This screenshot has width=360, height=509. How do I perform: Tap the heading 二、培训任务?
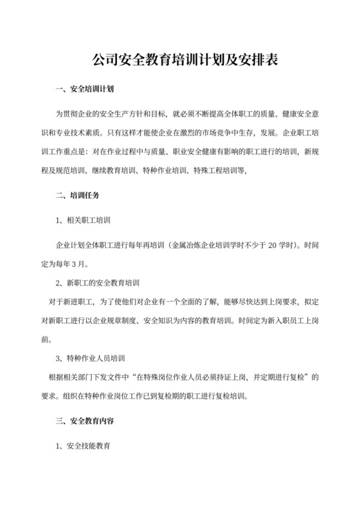point(76,193)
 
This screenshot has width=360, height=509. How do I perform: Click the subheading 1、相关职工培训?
point(84,220)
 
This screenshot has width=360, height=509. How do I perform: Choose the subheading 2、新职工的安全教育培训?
point(102,283)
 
